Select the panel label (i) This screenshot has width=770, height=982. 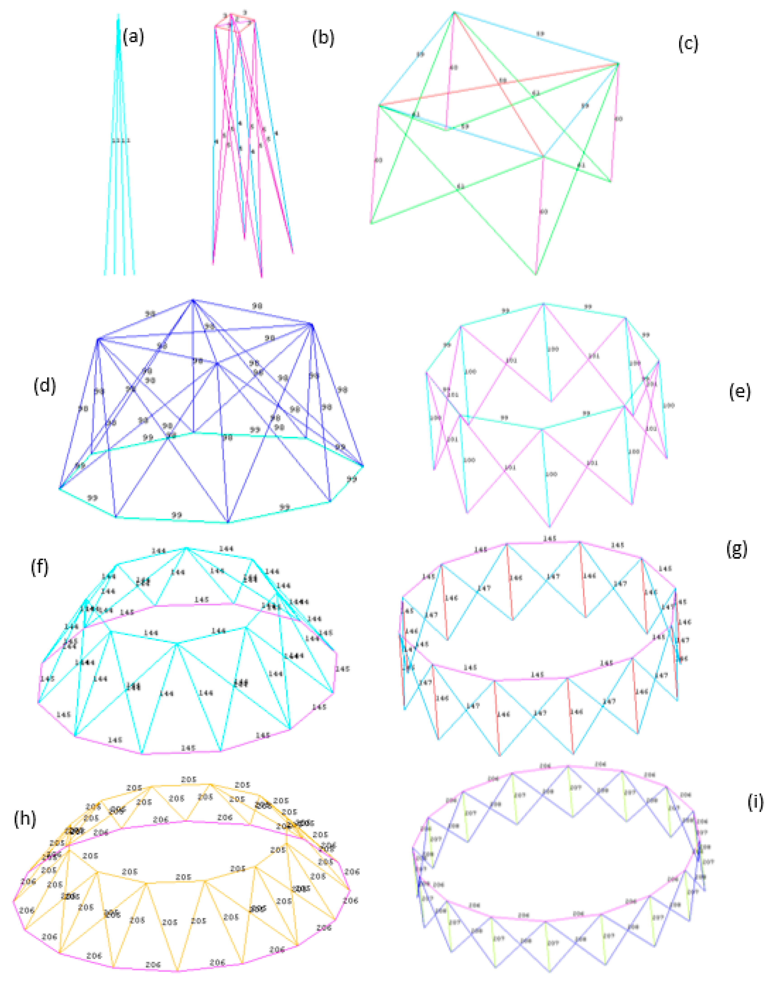755,803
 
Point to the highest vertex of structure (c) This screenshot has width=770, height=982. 454,13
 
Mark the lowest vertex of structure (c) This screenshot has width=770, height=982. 535,274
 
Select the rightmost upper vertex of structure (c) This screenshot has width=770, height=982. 618,64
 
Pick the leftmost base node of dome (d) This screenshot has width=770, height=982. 59,488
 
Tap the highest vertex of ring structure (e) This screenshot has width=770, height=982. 543,304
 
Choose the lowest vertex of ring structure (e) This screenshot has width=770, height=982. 549,526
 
